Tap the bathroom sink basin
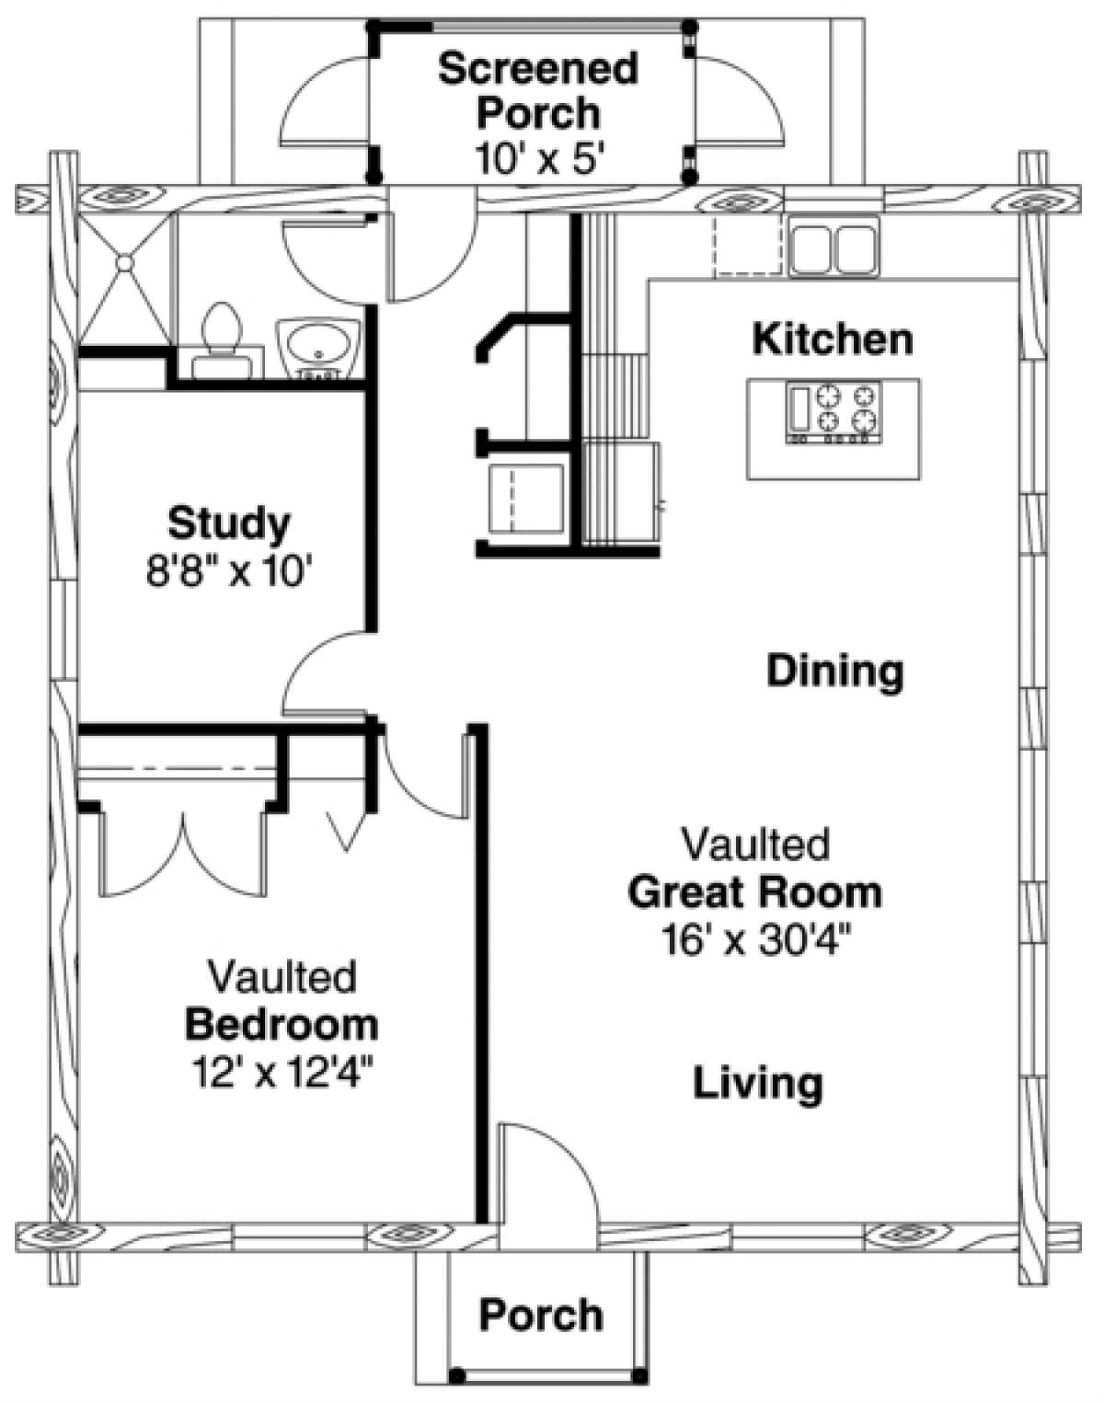318,345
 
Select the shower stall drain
124,264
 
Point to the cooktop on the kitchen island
832,415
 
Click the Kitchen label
833,339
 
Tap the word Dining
835,671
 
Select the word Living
757,1083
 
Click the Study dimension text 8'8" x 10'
229,573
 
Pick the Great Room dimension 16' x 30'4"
755,940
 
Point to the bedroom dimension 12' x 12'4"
282,1072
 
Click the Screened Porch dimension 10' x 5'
539,158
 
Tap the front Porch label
541,1316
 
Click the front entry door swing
543,1173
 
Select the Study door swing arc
317,672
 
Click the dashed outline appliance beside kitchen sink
751,246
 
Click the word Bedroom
282,1024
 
